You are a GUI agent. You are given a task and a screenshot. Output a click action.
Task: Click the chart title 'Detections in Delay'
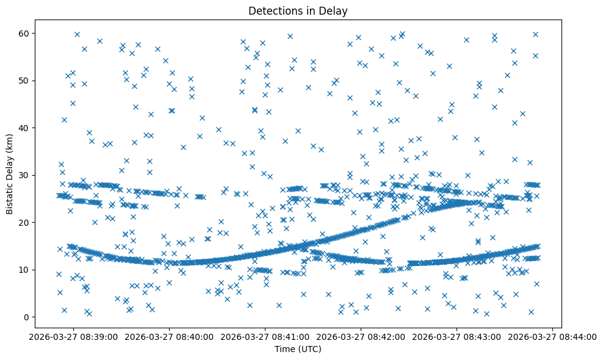[298, 10]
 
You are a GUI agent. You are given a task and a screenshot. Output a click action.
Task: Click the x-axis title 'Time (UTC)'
[298, 350]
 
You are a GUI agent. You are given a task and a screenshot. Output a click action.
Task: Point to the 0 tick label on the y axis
[27, 317]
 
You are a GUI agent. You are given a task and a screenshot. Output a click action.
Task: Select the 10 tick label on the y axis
[24, 270]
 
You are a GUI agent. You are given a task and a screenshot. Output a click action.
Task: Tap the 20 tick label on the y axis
[24, 223]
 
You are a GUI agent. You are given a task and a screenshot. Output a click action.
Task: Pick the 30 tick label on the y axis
[24, 175]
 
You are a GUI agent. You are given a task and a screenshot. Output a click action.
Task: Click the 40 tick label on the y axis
[24, 128]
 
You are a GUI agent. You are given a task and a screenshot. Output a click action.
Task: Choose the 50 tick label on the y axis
[24, 81]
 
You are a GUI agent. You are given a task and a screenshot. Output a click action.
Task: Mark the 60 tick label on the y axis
[24, 33]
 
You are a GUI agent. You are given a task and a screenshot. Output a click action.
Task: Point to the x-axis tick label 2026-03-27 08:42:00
[361, 336]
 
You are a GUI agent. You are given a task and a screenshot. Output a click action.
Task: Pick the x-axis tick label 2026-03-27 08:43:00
[457, 336]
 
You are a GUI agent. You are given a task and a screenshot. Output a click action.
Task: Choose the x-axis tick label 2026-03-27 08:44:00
[552, 336]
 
